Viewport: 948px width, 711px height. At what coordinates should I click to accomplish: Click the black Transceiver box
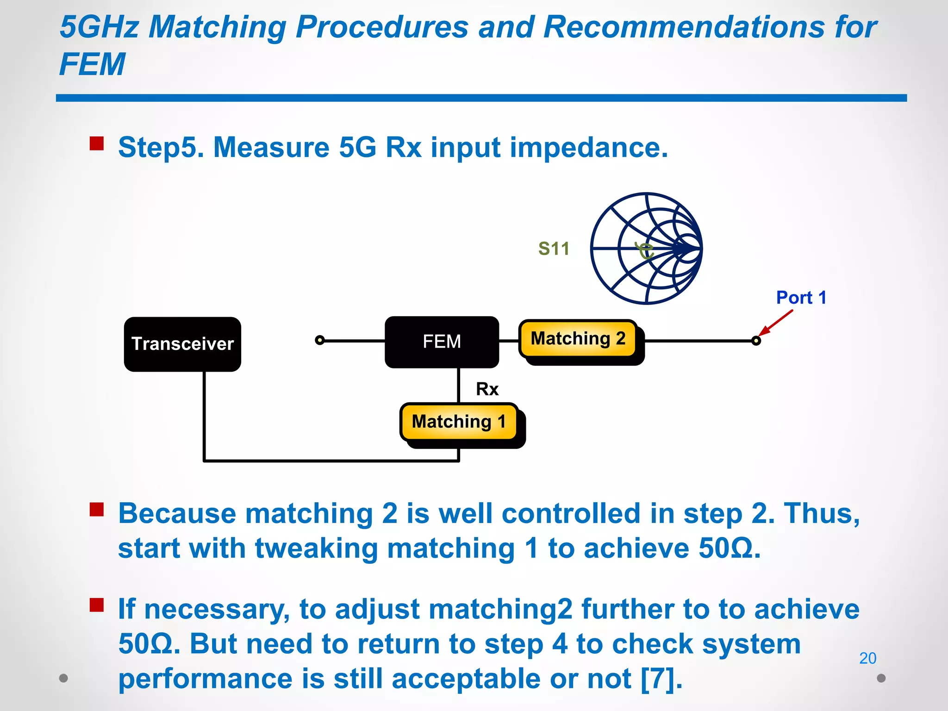tap(182, 344)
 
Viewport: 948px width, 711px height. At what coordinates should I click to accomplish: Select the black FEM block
tap(442, 342)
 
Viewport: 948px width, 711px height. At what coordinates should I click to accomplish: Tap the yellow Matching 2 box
tap(578, 339)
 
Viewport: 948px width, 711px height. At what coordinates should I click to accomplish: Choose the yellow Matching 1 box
tap(458, 422)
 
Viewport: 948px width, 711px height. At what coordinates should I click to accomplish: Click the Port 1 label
tap(801, 298)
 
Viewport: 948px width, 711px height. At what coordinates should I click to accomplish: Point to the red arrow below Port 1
tap(776, 322)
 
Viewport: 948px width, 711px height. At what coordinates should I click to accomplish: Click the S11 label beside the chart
tap(554, 249)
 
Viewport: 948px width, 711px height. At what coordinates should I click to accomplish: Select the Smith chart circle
tap(646, 249)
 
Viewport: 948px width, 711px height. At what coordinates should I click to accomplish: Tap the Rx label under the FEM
tap(487, 389)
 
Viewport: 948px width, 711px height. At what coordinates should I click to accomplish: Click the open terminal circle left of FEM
tap(319, 340)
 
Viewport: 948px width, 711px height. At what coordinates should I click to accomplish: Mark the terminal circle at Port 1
tap(756, 341)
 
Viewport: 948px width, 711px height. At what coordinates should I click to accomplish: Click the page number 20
tap(867, 658)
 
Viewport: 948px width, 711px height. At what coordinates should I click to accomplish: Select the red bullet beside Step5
tap(97, 143)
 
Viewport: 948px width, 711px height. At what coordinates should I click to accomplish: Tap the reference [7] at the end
tap(661, 679)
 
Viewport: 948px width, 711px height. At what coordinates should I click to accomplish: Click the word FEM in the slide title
tap(92, 64)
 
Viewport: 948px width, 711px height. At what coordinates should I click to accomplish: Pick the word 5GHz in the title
tap(100, 27)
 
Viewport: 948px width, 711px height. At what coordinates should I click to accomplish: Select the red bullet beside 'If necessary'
tap(97, 605)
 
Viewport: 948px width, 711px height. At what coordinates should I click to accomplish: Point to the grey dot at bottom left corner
tap(63, 678)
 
